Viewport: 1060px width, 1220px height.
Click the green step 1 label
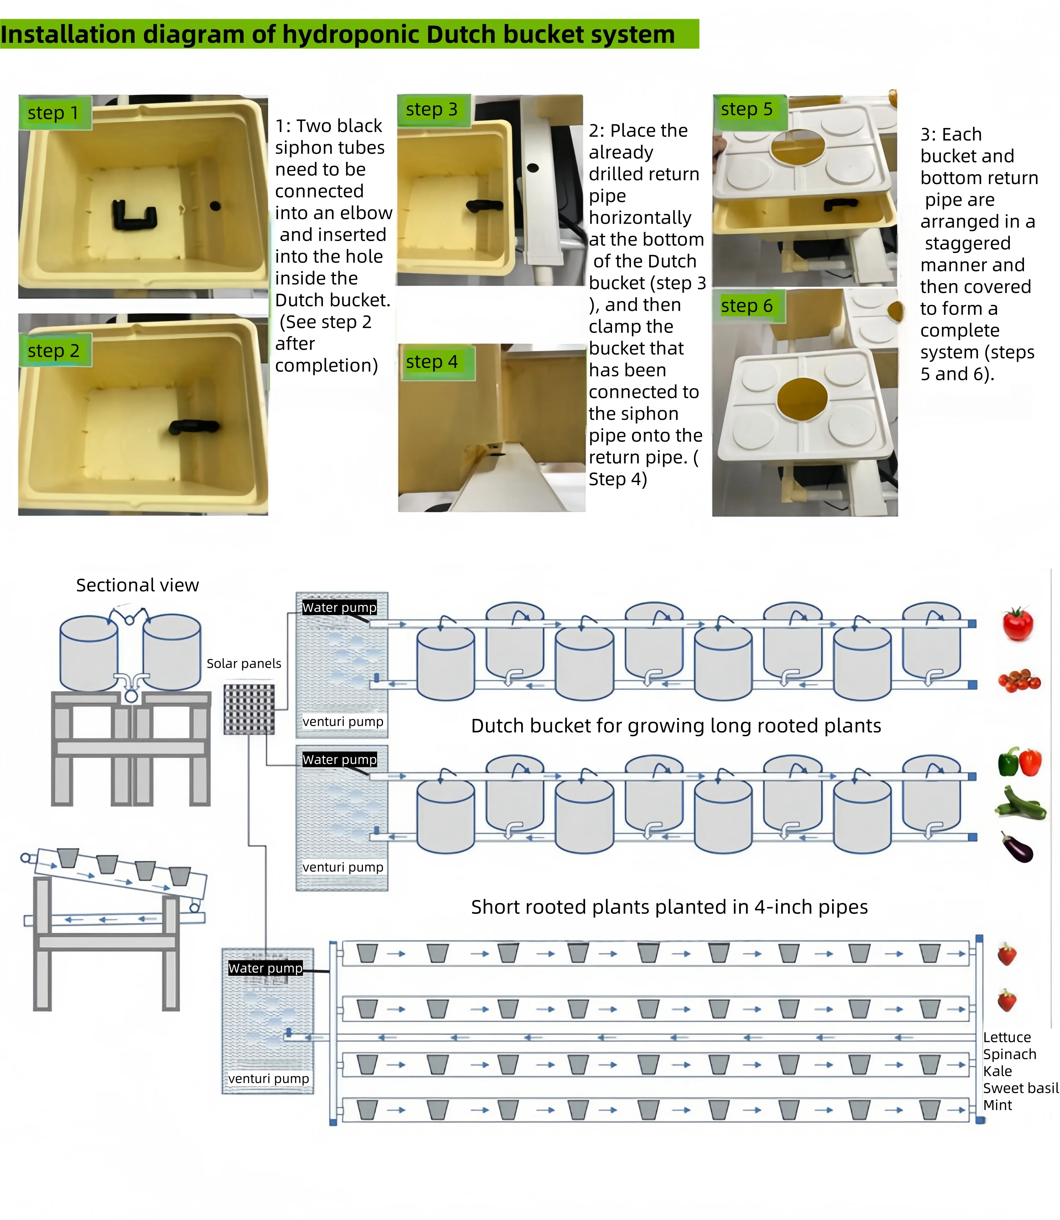(53, 112)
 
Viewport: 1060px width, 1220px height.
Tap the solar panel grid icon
(249, 709)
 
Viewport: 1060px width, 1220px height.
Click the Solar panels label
(244, 663)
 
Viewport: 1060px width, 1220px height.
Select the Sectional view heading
(137, 585)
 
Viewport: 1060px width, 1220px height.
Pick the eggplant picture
(1017, 847)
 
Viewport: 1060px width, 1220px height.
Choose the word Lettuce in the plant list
(1007, 1037)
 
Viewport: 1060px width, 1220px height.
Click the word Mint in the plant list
(997, 1105)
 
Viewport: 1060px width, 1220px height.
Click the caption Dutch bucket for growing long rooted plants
(676, 726)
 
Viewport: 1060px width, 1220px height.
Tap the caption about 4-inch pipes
(669, 907)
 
